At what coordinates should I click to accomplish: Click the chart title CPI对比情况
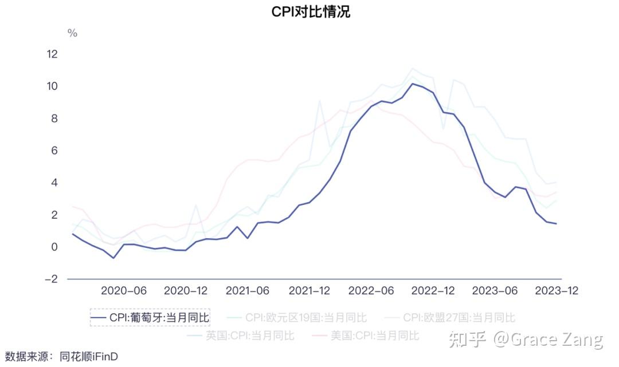(311, 12)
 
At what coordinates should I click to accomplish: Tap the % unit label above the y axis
(72, 33)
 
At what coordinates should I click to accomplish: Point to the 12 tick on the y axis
(52, 54)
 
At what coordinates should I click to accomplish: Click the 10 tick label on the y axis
(52, 86)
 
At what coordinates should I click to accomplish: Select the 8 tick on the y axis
(54, 119)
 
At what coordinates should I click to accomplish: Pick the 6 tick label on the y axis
(54, 151)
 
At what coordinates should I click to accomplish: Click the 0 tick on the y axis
(54, 247)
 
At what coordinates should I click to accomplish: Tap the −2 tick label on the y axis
(52, 279)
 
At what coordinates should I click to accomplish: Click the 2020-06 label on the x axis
(124, 291)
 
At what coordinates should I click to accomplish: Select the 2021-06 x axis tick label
(248, 291)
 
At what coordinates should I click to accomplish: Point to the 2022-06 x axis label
(371, 291)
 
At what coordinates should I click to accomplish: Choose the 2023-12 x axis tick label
(557, 291)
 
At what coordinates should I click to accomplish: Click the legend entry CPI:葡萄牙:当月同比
(150, 317)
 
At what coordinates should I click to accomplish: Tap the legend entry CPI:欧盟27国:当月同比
(450, 317)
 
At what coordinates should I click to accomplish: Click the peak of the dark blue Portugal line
(412, 84)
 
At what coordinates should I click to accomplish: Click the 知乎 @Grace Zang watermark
(526, 340)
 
